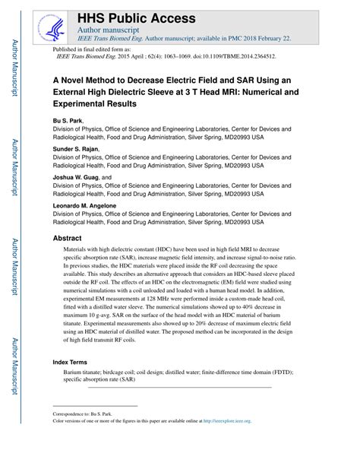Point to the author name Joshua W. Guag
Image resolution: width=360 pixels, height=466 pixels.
[x=75, y=177]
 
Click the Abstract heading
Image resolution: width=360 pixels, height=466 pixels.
[x=67, y=238]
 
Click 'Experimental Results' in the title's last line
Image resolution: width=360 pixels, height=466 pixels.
[x=96, y=103]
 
